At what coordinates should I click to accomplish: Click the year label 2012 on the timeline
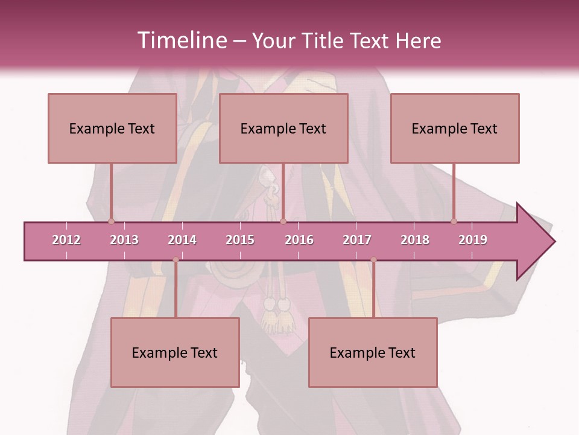tap(66, 240)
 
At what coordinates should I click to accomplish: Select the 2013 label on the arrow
tap(124, 240)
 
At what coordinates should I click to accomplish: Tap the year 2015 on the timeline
tap(240, 240)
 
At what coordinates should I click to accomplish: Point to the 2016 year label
tap(299, 240)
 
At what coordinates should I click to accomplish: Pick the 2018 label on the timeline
tap(415, 240)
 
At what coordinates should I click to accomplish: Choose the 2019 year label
tap(473, 240)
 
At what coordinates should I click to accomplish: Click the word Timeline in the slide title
tap(181, 40)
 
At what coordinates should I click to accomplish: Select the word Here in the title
tap(418, 40)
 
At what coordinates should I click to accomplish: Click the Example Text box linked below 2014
tap(175, 352)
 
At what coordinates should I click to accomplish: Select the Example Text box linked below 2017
tap(373, 352)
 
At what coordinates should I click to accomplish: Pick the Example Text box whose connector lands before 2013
tap(112, 128)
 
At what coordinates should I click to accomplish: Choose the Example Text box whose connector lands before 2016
tap(283, 128)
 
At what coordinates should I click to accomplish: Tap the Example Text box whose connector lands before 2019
tap(455, 128)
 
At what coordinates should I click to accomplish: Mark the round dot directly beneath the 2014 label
tap(176, 260)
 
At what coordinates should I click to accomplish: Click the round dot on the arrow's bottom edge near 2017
tap(373, 260)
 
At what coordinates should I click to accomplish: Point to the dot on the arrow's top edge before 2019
tap(454, 221)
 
